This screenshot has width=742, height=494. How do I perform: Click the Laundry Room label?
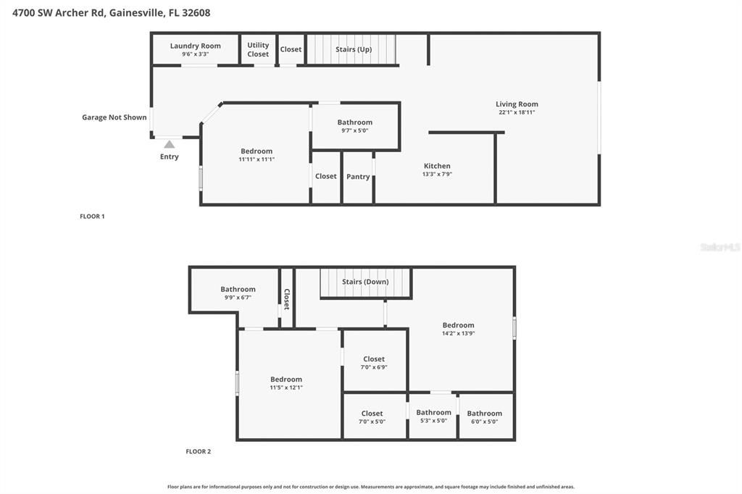click(195, 46)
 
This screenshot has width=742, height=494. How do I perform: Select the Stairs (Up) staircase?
click(352, 49)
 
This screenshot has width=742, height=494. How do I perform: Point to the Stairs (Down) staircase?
click(365, 282)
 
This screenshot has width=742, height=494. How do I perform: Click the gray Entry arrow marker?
click(169, 144)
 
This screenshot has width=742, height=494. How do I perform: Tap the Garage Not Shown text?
click(114, 117)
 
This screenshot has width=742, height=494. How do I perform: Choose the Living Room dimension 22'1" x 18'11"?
click(517, 112)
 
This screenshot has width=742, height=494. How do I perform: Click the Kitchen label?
click(437, 166)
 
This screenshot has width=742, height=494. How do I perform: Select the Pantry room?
click(358, 177)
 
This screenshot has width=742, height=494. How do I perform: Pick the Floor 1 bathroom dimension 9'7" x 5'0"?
click(355, 131)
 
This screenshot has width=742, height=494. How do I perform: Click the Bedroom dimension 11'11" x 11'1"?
click(257, 159)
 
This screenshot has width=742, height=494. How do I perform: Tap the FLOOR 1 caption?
click(92, 216)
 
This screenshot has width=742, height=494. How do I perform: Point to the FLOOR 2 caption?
click(198, 451)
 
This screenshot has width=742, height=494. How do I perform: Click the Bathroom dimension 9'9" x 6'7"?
click(238, 298)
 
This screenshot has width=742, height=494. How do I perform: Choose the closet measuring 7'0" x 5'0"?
click(372, 417)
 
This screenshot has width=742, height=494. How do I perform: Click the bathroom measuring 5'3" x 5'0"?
click(433, 416)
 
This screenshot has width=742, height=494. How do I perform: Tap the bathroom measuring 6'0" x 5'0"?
click(484, 417)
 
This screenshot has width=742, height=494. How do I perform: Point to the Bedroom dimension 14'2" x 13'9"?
click(458, 334)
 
